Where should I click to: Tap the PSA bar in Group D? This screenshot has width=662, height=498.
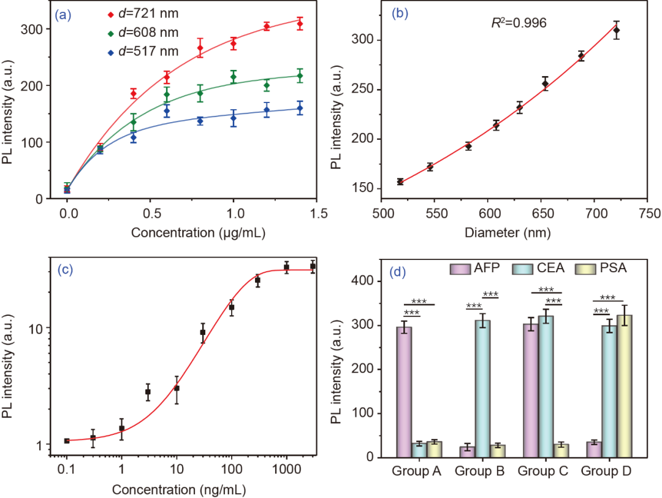[624, 386]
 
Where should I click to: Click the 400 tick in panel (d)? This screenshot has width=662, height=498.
[367, 281]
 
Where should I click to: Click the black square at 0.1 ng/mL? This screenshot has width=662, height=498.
[67, 440]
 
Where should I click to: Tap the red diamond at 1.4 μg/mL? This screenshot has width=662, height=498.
[300, 24]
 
